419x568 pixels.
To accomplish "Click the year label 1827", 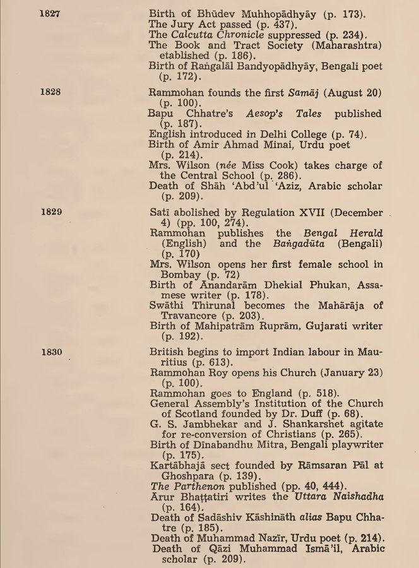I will click(49, 13).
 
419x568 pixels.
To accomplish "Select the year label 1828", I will click(49, 92).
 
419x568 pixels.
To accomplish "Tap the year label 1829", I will click(49, 212).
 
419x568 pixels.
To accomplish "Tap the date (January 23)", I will click(350, 372).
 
